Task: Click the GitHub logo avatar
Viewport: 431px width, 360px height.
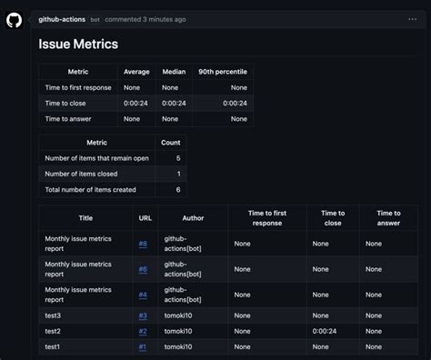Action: (14, 19)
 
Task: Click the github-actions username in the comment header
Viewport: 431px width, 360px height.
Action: (63, 19)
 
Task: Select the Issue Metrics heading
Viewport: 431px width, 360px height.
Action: (78, 44)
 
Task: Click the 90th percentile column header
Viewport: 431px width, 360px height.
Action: (222, 72)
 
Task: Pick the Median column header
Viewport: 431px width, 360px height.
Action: (173, 72)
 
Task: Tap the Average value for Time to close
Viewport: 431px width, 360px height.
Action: (136, 103)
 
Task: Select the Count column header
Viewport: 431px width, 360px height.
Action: (170, 143)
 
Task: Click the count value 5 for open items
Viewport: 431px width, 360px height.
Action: (177, 158)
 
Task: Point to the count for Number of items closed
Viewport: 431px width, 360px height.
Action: (177, 174)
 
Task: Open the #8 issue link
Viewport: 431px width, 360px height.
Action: (143, 244)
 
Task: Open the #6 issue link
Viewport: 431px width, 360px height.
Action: (143, 269)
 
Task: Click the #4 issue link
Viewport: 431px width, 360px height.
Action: (143, 295)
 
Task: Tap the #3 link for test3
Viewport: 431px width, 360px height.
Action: (143, 315)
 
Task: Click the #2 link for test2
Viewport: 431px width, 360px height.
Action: (143, 331)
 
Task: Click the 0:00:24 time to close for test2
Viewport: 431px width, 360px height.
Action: (326, 331)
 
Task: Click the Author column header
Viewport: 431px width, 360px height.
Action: (193, 218)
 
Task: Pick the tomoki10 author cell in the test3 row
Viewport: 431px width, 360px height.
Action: (179, 315)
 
